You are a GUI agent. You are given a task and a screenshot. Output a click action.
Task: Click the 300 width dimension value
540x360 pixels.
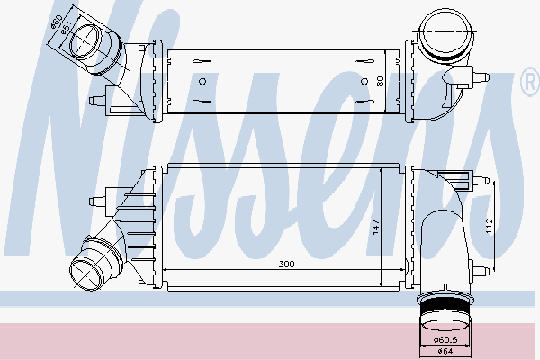coord(286,265)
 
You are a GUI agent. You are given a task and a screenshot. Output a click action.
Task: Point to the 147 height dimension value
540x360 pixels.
coord(373,229)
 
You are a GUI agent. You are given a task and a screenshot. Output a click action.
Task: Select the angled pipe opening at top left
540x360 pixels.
coord(90,45)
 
